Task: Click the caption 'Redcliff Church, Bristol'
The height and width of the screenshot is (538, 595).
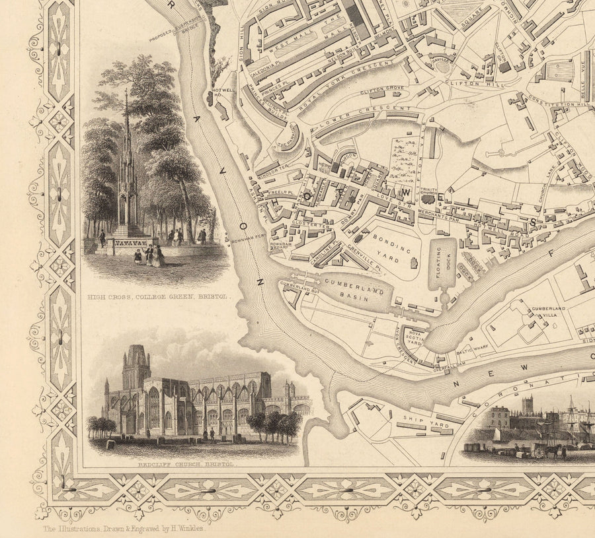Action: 186,464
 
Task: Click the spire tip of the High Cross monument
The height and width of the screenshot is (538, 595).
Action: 126,92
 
